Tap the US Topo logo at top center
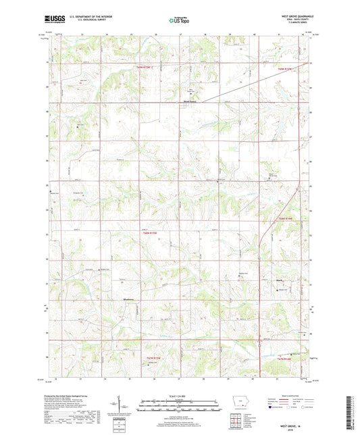tap(180, 20)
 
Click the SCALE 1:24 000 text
tap(180, 394)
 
